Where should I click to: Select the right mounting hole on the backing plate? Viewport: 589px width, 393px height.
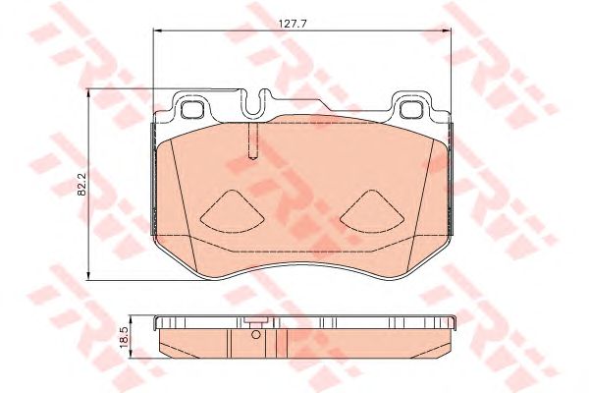click(x=410, y=109)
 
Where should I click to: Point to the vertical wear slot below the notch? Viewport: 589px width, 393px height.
click(x=252, y=140)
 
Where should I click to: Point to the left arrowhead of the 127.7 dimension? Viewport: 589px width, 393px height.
click(x=157, y=29)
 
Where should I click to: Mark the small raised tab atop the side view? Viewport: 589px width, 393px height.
click(x=254, y=323)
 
